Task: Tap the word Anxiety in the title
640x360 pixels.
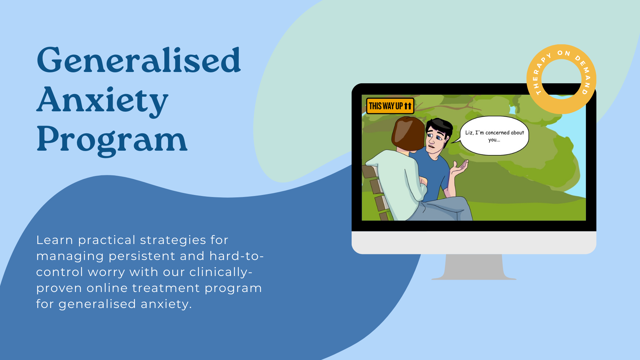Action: pyautogui.click(x=102, y=101)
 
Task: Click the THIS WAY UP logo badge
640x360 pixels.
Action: pyautogui.click(x=390, y=106)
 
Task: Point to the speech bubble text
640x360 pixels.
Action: pyautogui.click(x=495, y=136)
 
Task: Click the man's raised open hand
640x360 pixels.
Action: pyautogui.click(x=460, y=167)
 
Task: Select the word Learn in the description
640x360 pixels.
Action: pyautogui.click(x=55, y=240)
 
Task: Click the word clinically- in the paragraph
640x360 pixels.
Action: pyautogui.click(x=221, y=272)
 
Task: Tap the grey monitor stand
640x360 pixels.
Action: pyautogui.click(x=474, y=267)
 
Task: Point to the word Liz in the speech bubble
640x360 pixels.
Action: pyautogui.click(x=469, y=133)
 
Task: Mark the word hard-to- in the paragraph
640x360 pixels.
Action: pyautogui.click(x=236, y=256)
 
